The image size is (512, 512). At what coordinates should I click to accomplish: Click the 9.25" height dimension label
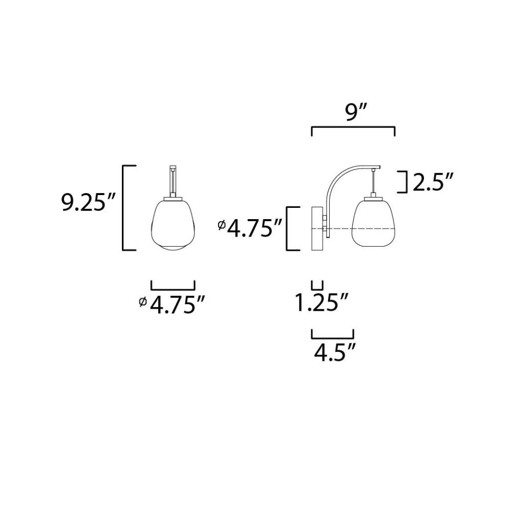[x=89, y=202]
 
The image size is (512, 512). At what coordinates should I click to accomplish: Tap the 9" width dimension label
[x=356, y=112]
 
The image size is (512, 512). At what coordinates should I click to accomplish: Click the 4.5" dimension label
[x=334, y=352]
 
